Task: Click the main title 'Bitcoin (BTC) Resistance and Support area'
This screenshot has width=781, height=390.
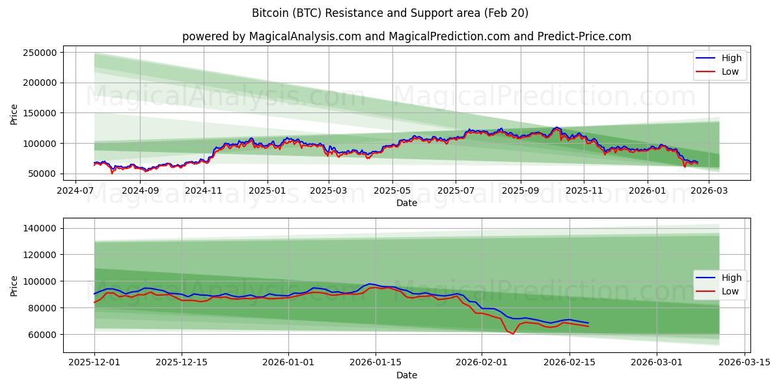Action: pyautogui.click(x=390, y=13)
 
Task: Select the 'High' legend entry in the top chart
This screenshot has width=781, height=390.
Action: pyautogui.click(x=721, y=58)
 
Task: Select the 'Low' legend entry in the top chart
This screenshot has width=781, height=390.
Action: pyautogui.click(x=721, y=71)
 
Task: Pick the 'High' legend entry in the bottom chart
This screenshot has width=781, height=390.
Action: pyautogui.click(x=721, y=278)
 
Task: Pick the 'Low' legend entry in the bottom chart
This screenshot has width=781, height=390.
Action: pyautogui.click(x=721, y=291)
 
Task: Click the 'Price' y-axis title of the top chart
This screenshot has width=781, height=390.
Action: pyautogui.click(x=14, y=113)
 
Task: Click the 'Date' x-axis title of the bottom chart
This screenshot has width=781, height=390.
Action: pyautogui.click(x=406, y=375)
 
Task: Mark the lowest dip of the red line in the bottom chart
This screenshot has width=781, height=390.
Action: pyautogui.click(x=513, y=334)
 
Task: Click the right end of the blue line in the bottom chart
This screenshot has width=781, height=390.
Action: pyautogui.click(x=588, y=323)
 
